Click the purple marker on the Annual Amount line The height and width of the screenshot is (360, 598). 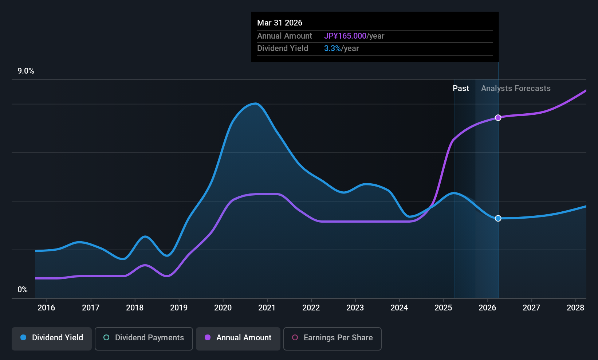pyautogui.click(x=498, y=118)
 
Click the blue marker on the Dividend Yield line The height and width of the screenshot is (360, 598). pyautogui.click(x=498, y=218)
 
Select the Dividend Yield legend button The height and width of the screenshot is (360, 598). pyautogui.click(x=52, y=338)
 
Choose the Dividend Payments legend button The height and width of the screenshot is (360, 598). pyautogui.click(x=143, y=338)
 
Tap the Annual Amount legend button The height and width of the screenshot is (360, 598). pyautogui.click(x=238, y=338)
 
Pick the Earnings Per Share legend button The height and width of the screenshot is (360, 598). pyautogui.click(x=332, y=338)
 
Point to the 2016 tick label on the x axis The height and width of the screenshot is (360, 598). pyautogui.click(x=46, y=308)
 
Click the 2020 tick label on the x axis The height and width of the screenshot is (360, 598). pyautogui.click(x=223, y=308)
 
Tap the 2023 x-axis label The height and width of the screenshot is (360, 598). pyautogui.click(x=355, y=308)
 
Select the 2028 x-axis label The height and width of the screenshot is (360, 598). pyautogui.click(x=575, y=308)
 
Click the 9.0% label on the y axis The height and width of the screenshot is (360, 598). pyautogui.click(x=26, y=71)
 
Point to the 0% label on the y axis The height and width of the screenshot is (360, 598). pyautogui.click(x=23, y=290)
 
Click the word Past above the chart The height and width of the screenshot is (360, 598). pyautogui.click(x=461, y=89)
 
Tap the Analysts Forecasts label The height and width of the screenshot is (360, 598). pyautogui.click(x=516, y=89)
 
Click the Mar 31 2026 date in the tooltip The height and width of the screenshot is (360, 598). pyautogui.click(x=280, y=23)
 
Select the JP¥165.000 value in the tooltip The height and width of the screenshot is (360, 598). pyautogui.click(x=345, y=36)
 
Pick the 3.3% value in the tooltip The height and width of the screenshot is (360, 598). pyautogui.click(x=333, y=48)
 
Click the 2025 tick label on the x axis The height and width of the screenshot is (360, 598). pyautogui.click(x=443, y=308)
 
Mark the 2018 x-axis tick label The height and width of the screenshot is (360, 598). pyautogui.click(x=135, y=308)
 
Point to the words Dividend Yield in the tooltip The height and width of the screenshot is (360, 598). pyautogui.click(x=283, y=48)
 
